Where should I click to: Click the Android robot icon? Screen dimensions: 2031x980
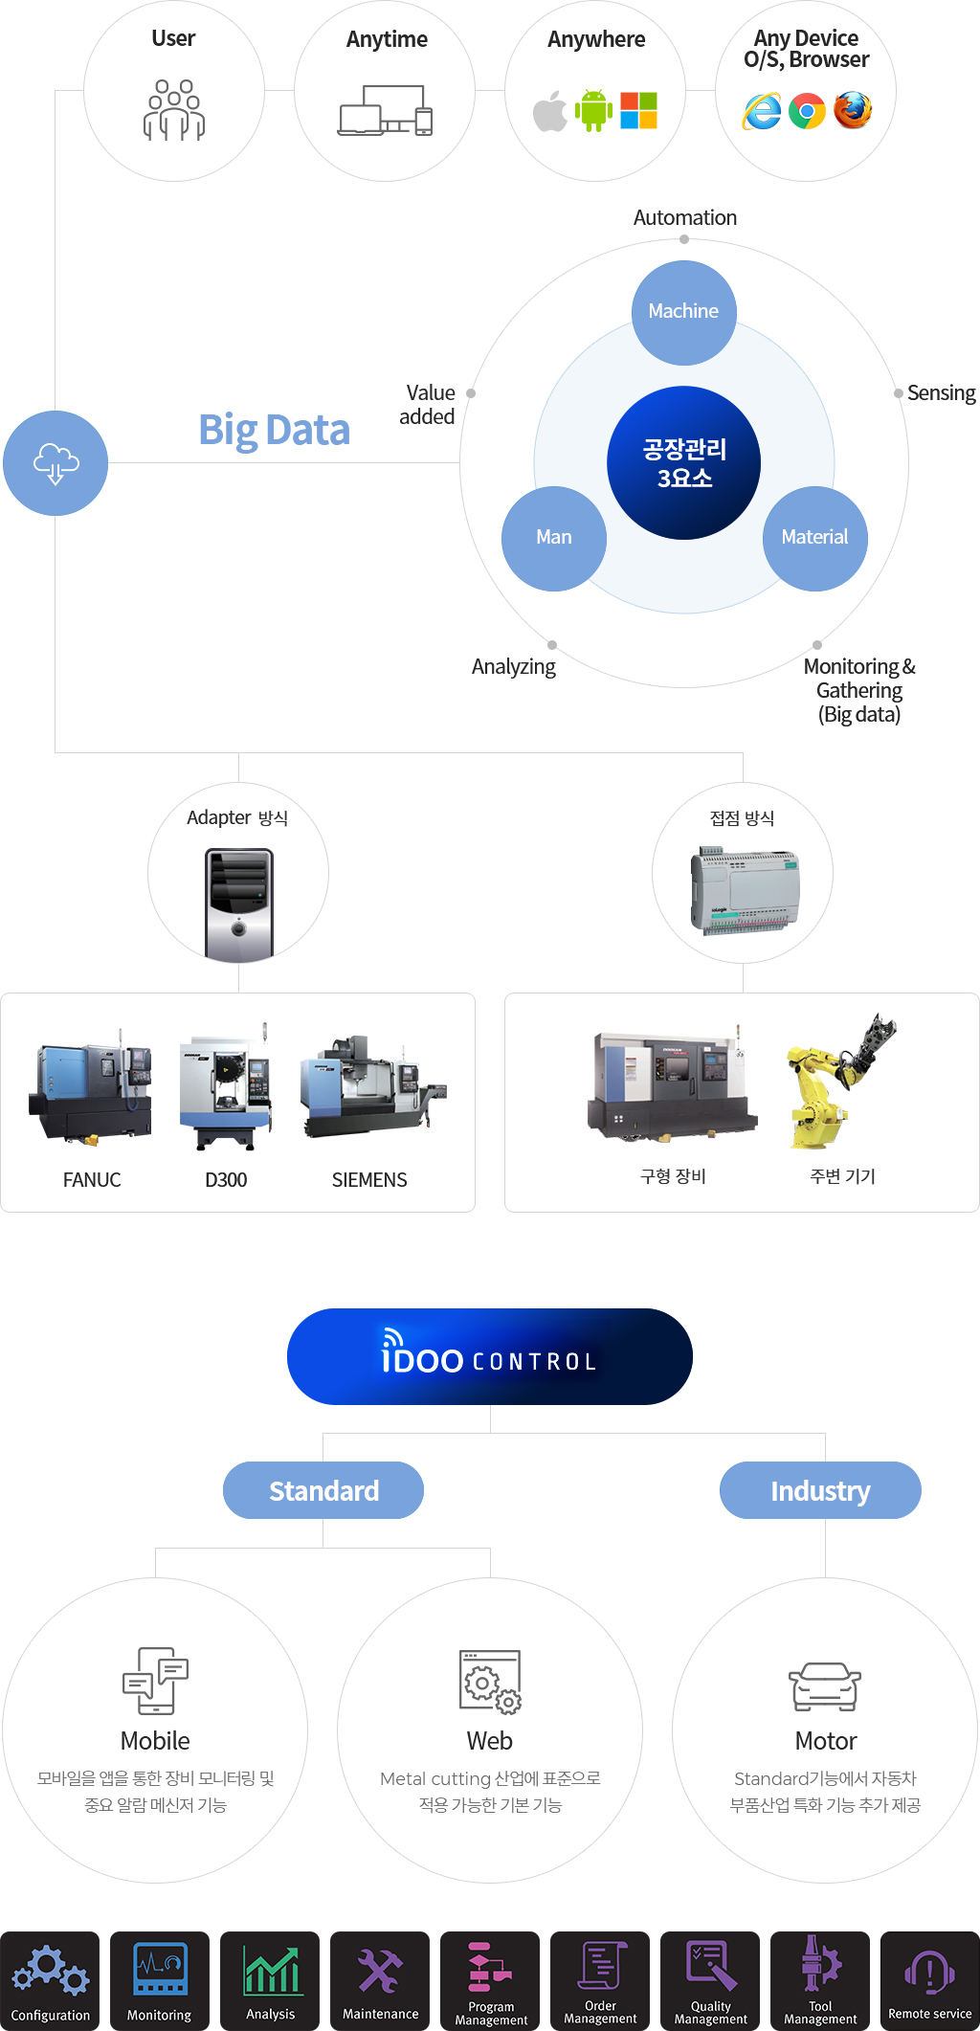(x=593, y=111)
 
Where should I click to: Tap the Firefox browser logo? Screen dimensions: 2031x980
(x=853, y=111)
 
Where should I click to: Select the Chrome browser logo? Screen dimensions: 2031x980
(x=807, y=112)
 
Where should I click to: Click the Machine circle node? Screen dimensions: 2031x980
(x=683, y=312)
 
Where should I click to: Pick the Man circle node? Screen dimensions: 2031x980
(x=554, y=538)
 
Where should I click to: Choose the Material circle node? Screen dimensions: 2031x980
(x=814, y=538)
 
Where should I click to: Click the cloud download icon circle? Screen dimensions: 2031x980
(x=56, y=463)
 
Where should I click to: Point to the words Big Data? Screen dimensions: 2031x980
(x=274, y=431)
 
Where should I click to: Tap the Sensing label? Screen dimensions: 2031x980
(x=941, y=393)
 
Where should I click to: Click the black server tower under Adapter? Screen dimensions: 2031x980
(x=239, y=904)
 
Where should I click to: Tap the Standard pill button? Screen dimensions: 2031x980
(x=323, y=1490)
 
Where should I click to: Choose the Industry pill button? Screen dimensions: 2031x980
(x=820, y=1490)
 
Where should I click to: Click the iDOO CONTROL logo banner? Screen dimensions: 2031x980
(x=490, y=1356)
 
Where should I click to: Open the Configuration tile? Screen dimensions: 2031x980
(x=50, y=1980)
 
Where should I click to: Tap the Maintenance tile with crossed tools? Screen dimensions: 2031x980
(x=380, y=1980)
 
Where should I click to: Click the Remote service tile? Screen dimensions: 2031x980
(x=929, y=1980)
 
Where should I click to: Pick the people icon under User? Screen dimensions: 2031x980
(x=174, y=110)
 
